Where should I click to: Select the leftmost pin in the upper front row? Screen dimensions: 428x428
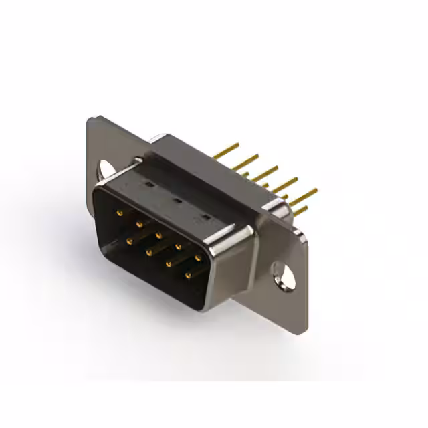pyautogui.click(x=120, y=213)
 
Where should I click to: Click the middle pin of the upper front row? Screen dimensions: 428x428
pyautogui.click(x=158, y=235)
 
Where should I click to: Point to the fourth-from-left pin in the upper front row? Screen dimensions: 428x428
pyautogui.click(x=179, y=246)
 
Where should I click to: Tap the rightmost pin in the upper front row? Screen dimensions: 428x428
pyautogui.click(x=198, y=257)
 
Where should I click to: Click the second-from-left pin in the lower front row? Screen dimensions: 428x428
pyautogui.click(x=148, y=252)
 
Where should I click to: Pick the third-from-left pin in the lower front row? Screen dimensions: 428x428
pyautogui.click(x=168, y=263)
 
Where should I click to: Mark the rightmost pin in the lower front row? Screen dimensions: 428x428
pyautogui.click(x=187, y=274)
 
